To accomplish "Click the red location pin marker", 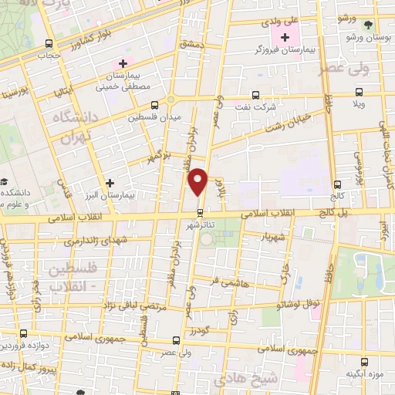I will click(x=199, y=181).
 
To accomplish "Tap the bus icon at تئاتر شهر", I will click(x=200, y=211).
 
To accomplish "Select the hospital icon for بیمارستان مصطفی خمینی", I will click(x=123, y=62).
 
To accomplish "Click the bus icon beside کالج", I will click(x=337, y=184).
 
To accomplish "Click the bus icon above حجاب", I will click(x=49, y=43).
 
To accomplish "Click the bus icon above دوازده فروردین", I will click(x=23, y=334).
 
